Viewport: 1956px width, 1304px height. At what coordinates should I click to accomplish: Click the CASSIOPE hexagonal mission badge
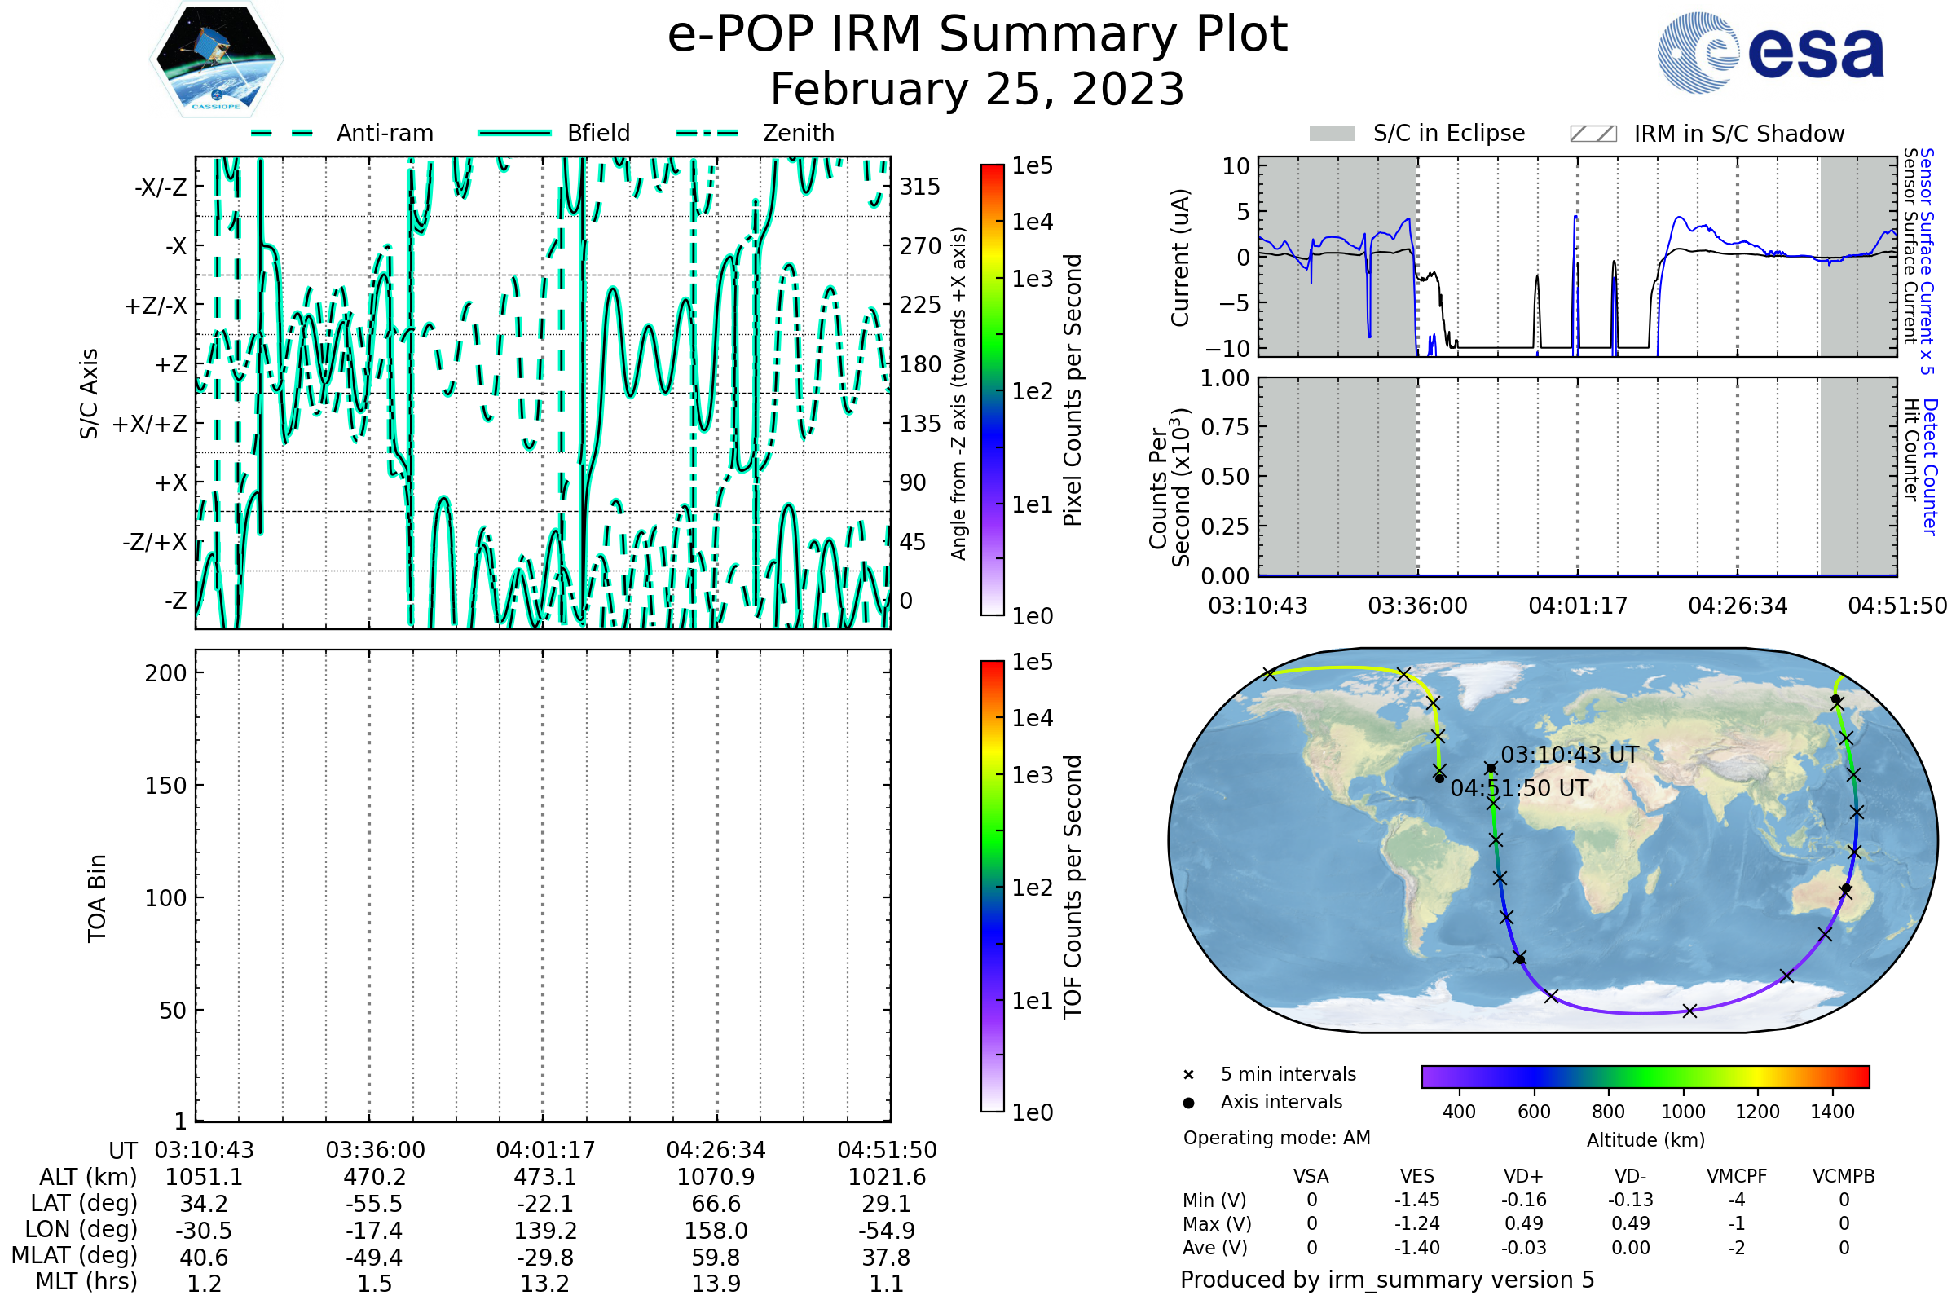pos(216,59)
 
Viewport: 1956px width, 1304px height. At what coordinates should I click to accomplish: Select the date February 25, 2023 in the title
pos(977,89)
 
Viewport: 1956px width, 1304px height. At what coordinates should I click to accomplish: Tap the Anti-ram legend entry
pos(341,133)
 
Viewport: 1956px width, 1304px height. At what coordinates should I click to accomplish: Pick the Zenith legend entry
pos(756,133)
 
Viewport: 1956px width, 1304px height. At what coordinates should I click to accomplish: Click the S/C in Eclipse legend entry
pos(1417,133)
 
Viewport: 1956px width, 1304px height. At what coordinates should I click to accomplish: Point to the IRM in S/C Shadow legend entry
pos(1707,134)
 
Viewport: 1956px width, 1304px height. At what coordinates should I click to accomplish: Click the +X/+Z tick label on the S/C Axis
pos(150,424)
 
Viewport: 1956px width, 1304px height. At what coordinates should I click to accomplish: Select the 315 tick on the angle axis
pos(920,187)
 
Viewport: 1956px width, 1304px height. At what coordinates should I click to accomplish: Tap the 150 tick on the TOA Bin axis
pos(166,785)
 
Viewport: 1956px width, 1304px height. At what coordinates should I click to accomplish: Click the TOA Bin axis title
pos(96,898)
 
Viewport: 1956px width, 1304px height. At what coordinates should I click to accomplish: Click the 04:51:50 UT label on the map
pos(1519,788)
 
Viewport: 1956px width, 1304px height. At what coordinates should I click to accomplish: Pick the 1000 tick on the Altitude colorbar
pos(1683,1112)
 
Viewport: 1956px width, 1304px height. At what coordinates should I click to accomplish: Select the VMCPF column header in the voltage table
pos(1737,1176)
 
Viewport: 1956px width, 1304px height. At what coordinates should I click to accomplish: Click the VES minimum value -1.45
pos(1417,1200)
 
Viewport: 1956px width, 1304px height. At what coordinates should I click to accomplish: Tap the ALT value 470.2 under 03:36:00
pos(375,1177)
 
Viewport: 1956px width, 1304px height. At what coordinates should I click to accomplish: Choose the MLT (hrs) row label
pos(86,1281)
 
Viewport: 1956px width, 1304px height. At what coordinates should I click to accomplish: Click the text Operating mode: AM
pos(1276,1138)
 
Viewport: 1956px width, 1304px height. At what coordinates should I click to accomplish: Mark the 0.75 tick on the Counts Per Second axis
pos(1225,426)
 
